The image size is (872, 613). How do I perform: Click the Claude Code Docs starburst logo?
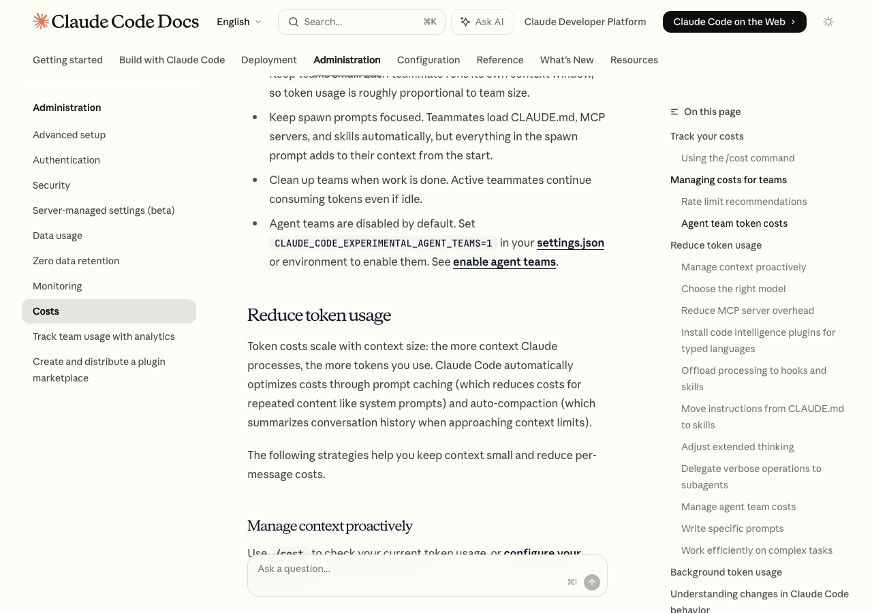(41, 22)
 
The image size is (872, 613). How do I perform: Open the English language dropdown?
(238, 22)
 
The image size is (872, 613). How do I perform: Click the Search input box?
(361, 22)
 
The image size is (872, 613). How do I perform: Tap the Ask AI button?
(482, 22)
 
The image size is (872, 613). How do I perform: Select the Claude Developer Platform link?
(585, 22)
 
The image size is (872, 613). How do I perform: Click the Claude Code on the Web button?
(734, 22)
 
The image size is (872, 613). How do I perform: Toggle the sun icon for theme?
(828, 22)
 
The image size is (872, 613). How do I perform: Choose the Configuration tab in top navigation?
(429, 60)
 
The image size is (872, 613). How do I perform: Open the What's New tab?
(567, 60)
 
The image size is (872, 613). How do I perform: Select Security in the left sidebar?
(52, 185)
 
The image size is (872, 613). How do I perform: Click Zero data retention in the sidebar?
(76, 261)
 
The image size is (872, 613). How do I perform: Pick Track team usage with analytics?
(104, 336)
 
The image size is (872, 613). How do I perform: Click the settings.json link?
(570, 242)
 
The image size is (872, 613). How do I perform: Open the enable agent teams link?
(504, 262)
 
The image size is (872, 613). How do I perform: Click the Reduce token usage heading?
(319, 315)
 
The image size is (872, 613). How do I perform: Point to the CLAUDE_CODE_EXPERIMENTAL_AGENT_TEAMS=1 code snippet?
(383, 243)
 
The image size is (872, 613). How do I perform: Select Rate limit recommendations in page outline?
(744, 202)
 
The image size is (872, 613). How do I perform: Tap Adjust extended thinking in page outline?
(738, 447)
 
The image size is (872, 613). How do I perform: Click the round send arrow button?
(592, 582)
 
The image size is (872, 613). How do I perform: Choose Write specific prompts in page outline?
(732, 529)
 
